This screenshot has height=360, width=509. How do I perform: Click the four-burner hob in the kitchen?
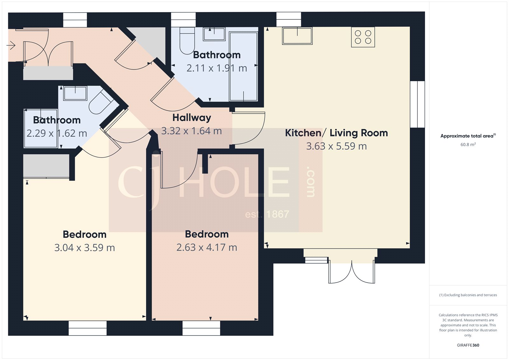[363, 37]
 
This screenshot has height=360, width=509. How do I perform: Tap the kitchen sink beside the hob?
[297, 36]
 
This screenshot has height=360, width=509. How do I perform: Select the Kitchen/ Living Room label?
[336, 133]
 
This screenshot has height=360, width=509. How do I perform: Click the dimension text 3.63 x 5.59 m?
[336, 146]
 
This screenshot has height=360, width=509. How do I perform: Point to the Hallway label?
[192, 118]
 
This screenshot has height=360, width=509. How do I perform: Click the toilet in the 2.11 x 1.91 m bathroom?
[187, 40]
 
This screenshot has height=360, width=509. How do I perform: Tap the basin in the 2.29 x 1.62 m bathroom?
[75, 93]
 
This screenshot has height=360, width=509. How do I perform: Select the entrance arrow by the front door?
[11, 46]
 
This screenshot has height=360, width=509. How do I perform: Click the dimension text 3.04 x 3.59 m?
[84, 248]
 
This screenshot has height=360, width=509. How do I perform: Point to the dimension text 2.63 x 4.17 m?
[207, 247]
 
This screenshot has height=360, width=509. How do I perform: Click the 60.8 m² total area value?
[468, 145]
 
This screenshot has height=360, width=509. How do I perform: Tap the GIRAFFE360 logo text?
[468, 345]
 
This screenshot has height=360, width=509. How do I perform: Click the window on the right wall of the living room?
[417, 104]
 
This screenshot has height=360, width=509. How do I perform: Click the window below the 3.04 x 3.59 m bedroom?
[87, 328]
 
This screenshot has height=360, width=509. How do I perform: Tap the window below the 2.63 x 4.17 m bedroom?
[201, 328]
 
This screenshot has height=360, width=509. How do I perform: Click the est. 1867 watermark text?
[267, 214]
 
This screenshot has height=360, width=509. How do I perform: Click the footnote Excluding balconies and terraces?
[468, 295]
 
